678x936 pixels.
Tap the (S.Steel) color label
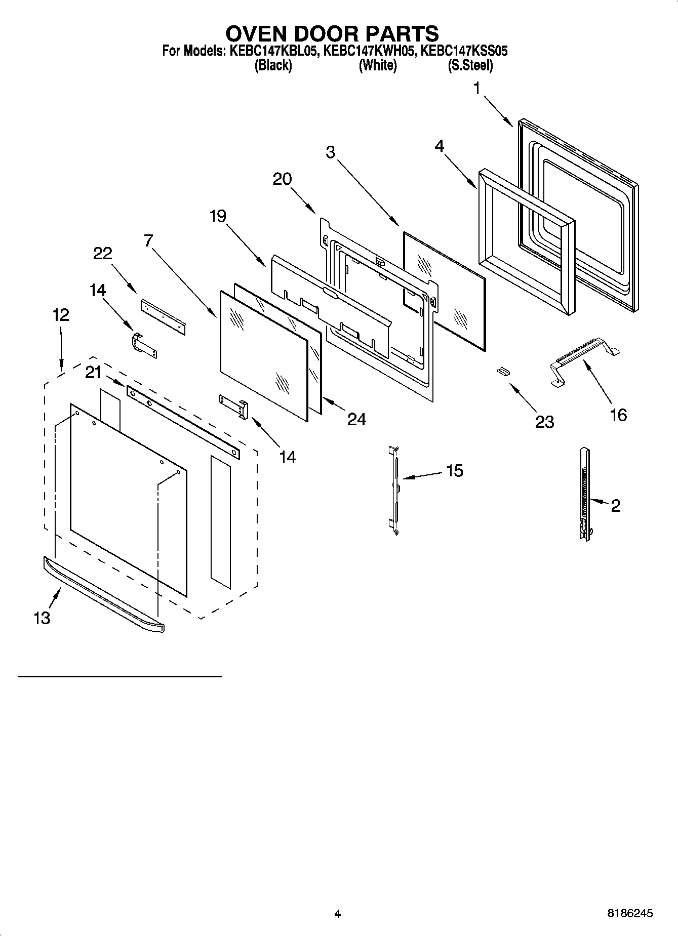[x=470, y=65]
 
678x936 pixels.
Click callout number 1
[x=476, y=88]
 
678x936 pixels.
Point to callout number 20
[x=282, y=179]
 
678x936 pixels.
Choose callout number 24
[x=356, y=419]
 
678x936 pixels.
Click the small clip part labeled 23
[x=503, y=372]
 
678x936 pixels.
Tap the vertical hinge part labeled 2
[x=585, y=494]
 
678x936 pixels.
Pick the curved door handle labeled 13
[x=104, y=595]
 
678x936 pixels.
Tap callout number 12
[x=60, y=315]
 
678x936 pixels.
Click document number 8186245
[x=629, y=914]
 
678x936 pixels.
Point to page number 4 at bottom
[x=338, y=914]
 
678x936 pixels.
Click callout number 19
[x=218, y=216]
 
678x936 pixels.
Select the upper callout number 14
[x=98, y=290]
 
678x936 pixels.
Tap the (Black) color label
[x=273, y=65]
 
